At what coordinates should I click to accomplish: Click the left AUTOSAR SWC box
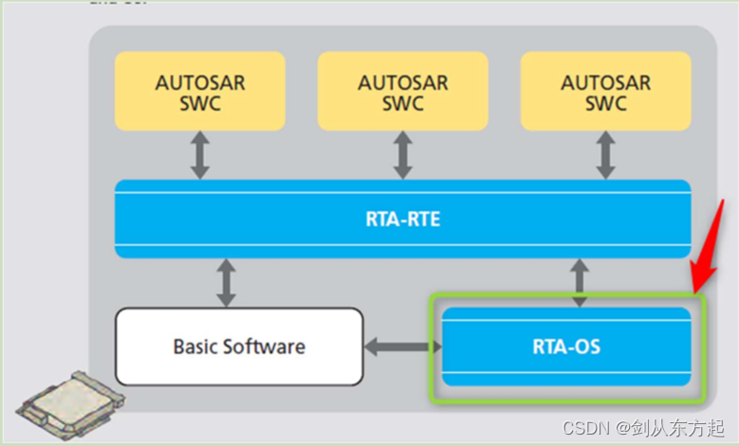coord(200,91)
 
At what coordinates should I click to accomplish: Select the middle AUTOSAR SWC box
coord(402,91)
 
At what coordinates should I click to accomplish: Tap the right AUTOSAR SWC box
coord(605,91)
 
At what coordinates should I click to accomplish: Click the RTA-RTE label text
coord(402,219)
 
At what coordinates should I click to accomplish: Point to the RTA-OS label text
coord(566,346)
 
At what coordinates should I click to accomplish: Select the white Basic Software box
coord(239,345)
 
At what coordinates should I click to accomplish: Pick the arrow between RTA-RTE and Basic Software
coord(227,283)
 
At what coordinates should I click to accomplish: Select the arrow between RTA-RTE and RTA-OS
coord(581,282)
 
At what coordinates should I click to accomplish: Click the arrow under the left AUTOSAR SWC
coord(199,155)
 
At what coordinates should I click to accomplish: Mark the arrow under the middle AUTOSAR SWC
coord(401,155)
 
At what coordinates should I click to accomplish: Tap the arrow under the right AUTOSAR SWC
coord(604,155)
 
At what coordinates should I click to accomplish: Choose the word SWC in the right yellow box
coord(605,103)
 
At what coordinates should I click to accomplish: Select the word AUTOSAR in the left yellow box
coord(200,82)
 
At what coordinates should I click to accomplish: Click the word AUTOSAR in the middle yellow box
coord(402,82)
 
